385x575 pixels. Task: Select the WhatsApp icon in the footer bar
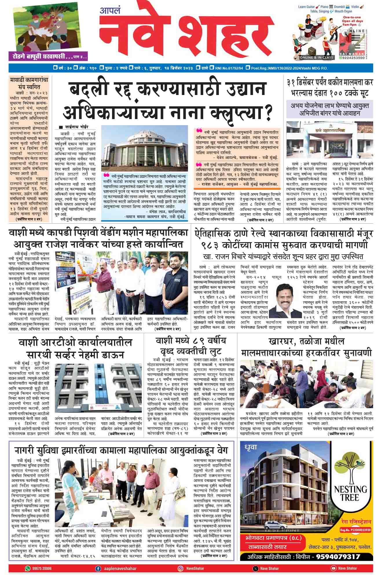tap(27, 568)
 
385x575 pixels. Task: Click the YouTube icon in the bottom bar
tap(333, 568)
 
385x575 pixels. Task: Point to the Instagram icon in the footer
tap(180, 568)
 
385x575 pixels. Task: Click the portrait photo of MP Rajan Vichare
tap(285, 301)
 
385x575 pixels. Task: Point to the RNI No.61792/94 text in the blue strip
tap(228, 68)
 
